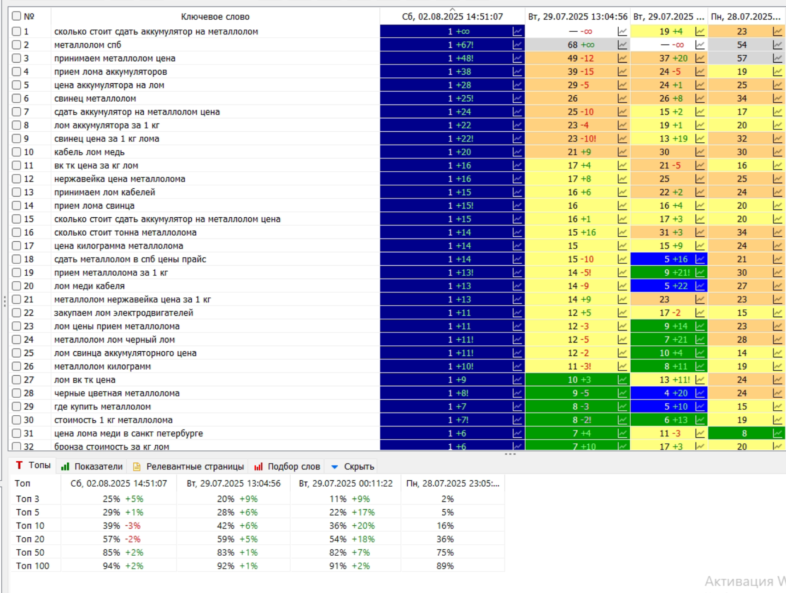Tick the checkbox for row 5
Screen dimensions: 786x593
17,85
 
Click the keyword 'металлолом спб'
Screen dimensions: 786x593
88,45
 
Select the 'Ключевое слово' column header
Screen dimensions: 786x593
215,17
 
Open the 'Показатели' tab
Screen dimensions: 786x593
92,466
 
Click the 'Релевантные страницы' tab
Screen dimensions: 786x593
188,466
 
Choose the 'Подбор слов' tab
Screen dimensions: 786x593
287,466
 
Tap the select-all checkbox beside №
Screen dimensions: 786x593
17,16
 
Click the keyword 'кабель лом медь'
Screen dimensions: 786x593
89,152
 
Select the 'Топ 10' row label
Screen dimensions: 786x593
30,526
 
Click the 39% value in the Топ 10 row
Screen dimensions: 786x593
111,526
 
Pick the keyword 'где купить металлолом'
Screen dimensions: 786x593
102,407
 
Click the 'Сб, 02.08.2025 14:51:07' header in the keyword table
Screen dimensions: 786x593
452,17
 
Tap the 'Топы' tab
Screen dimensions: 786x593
33,465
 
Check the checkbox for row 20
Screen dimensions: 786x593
17,286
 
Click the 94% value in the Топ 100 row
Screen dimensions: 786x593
111,566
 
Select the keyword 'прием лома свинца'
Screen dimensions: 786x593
94,206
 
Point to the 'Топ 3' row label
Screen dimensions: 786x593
27,499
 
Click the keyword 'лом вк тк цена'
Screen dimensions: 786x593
85,380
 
